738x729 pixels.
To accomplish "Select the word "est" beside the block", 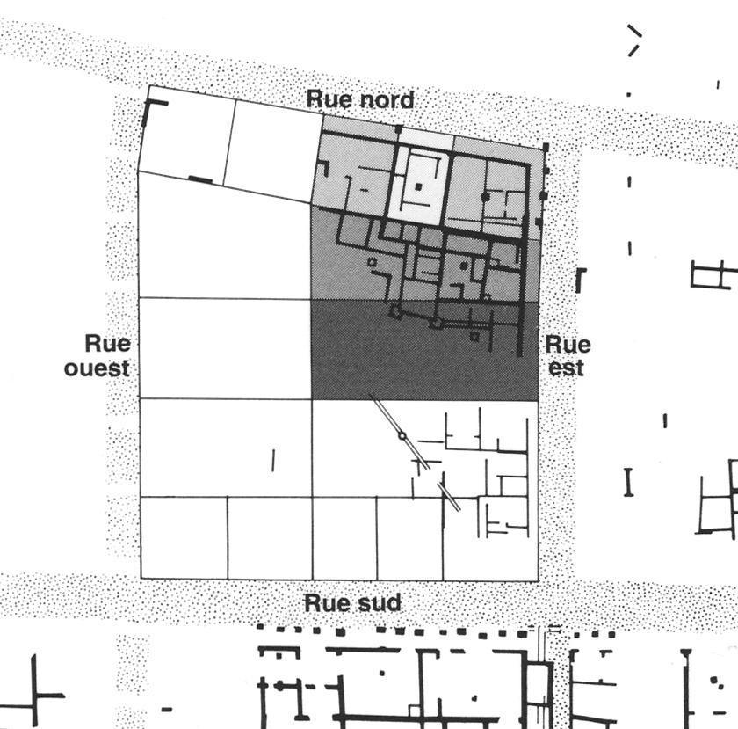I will (566, 367).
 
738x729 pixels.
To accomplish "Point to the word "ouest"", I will (97, 368).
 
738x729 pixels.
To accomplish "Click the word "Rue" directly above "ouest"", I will (107, 343).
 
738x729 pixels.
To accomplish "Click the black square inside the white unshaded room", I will (418, 186).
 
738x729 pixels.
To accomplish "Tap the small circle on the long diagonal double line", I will (402, 435).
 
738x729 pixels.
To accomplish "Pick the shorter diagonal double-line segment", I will (449, 498).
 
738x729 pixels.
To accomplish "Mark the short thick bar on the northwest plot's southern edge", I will (201, 180).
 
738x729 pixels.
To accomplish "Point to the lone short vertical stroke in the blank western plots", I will (273, 459).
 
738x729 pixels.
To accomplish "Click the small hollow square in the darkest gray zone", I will (474, 335).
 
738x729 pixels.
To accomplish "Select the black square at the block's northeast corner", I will (545, 147).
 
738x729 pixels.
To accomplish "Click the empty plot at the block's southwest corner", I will (184, 537).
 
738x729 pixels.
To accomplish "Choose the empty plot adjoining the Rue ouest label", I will (225, 347).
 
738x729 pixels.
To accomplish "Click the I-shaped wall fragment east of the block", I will (628, 482).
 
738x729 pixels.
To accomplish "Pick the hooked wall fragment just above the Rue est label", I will (579, 280).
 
